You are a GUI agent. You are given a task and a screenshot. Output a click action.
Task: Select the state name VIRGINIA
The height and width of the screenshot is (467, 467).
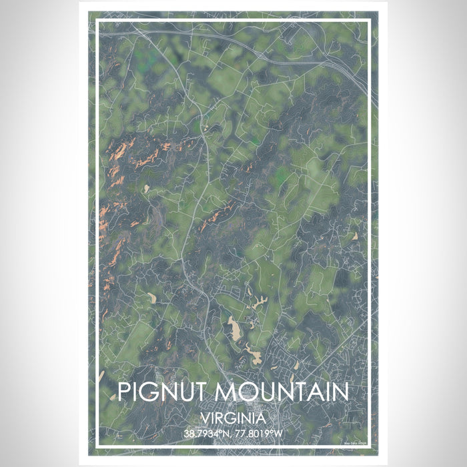coord(233,418)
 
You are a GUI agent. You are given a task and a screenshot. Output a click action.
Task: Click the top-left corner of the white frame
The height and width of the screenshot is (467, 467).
coord(97,21)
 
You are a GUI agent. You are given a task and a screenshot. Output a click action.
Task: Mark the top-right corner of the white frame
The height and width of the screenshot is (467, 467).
coord(370,21)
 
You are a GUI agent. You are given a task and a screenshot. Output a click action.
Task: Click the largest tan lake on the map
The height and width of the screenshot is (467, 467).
coord(235,328)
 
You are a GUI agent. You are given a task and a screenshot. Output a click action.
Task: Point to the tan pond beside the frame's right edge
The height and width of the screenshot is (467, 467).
coord(355,236)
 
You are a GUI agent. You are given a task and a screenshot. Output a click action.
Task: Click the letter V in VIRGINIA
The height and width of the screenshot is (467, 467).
coord(204,418)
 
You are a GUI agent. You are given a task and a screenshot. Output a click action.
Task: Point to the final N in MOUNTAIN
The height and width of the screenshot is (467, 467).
coord(338,392)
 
